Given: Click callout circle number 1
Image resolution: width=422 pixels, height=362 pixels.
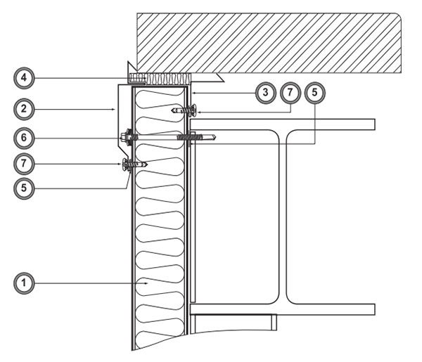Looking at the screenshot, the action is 24,283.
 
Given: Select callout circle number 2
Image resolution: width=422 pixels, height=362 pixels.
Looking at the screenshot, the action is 24,109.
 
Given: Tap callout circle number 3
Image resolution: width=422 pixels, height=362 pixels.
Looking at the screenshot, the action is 265,93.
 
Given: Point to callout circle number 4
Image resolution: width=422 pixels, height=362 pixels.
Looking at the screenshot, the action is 24,78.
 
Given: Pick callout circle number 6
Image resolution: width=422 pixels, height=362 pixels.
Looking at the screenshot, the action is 24,138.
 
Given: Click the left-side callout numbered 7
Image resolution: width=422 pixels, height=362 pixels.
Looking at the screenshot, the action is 24,164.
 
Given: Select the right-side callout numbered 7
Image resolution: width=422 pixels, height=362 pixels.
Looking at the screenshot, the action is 290,93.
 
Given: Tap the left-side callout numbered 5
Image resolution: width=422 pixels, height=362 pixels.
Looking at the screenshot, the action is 24,188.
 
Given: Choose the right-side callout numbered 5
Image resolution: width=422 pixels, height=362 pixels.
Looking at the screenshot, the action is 314,93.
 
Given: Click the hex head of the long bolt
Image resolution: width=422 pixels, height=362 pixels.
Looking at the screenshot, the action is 124,137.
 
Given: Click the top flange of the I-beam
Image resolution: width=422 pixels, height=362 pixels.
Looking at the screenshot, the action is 282,124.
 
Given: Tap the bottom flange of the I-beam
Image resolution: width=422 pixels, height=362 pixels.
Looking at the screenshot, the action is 282,309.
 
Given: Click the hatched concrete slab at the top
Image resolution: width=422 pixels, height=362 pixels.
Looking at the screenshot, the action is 269,43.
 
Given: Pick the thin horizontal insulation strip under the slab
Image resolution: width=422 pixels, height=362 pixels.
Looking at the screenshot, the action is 160,79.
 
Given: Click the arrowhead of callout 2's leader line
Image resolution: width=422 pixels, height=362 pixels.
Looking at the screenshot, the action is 114,109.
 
